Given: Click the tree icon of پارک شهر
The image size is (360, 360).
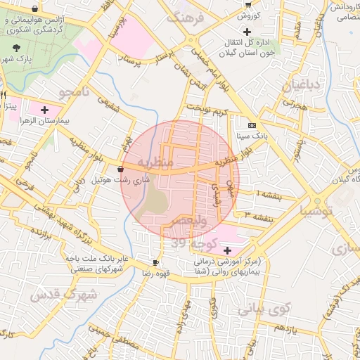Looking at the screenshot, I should tap(16, 48).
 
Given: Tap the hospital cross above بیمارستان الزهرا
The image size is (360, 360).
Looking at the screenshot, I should tap(45, 110).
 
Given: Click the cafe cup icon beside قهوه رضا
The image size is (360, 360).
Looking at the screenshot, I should tap(155, 262).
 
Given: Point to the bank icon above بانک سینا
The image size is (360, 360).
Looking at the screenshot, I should tap(252, 124).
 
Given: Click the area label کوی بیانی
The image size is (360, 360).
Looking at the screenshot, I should tap(264, 308).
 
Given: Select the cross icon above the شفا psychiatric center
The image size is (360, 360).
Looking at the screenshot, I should tap(227, 250).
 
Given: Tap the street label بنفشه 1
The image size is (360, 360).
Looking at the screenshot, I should tap(269, 193).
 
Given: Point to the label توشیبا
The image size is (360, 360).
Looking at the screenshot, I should tap(319, 210).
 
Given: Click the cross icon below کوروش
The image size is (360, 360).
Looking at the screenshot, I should tap(247, 31).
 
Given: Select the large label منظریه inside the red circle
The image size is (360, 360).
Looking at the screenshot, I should tap(155, 163).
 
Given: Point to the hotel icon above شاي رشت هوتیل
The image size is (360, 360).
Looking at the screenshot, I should tap(120, 169).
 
